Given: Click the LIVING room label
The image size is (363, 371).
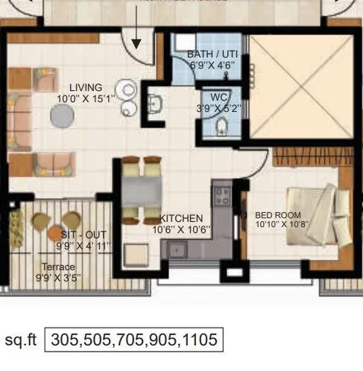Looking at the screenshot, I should point(86,87).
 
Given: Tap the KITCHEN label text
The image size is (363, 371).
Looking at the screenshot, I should point(181,218).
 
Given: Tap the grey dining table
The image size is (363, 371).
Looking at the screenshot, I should point(142,190).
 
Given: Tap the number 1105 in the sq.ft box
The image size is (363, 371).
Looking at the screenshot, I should point(198,340).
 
